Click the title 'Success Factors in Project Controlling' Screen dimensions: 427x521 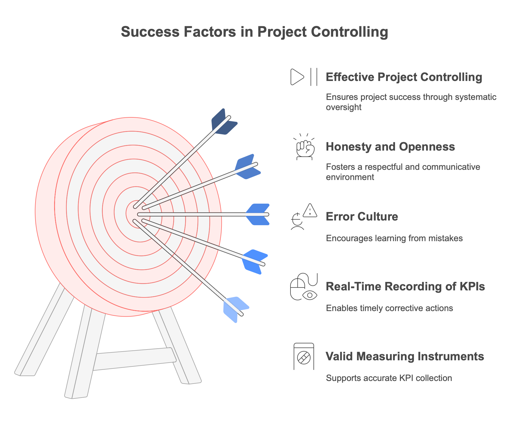254,32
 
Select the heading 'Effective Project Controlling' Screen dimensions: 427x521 404,77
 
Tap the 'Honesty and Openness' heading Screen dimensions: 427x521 390,147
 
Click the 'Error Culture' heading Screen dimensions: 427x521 362,217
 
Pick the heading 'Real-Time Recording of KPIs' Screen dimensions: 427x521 405,287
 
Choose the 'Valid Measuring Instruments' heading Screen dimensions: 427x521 405,357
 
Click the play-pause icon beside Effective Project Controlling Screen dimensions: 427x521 304,77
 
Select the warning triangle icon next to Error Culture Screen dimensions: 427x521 310,211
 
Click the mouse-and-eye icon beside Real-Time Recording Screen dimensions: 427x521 304,287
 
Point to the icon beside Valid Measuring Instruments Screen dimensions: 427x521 304,357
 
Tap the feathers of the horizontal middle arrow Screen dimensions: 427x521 258,215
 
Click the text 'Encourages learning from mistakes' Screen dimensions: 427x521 394,238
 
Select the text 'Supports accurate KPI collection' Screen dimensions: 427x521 389,378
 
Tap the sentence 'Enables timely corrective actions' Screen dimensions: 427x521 389,308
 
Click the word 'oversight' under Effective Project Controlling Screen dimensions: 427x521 343,107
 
